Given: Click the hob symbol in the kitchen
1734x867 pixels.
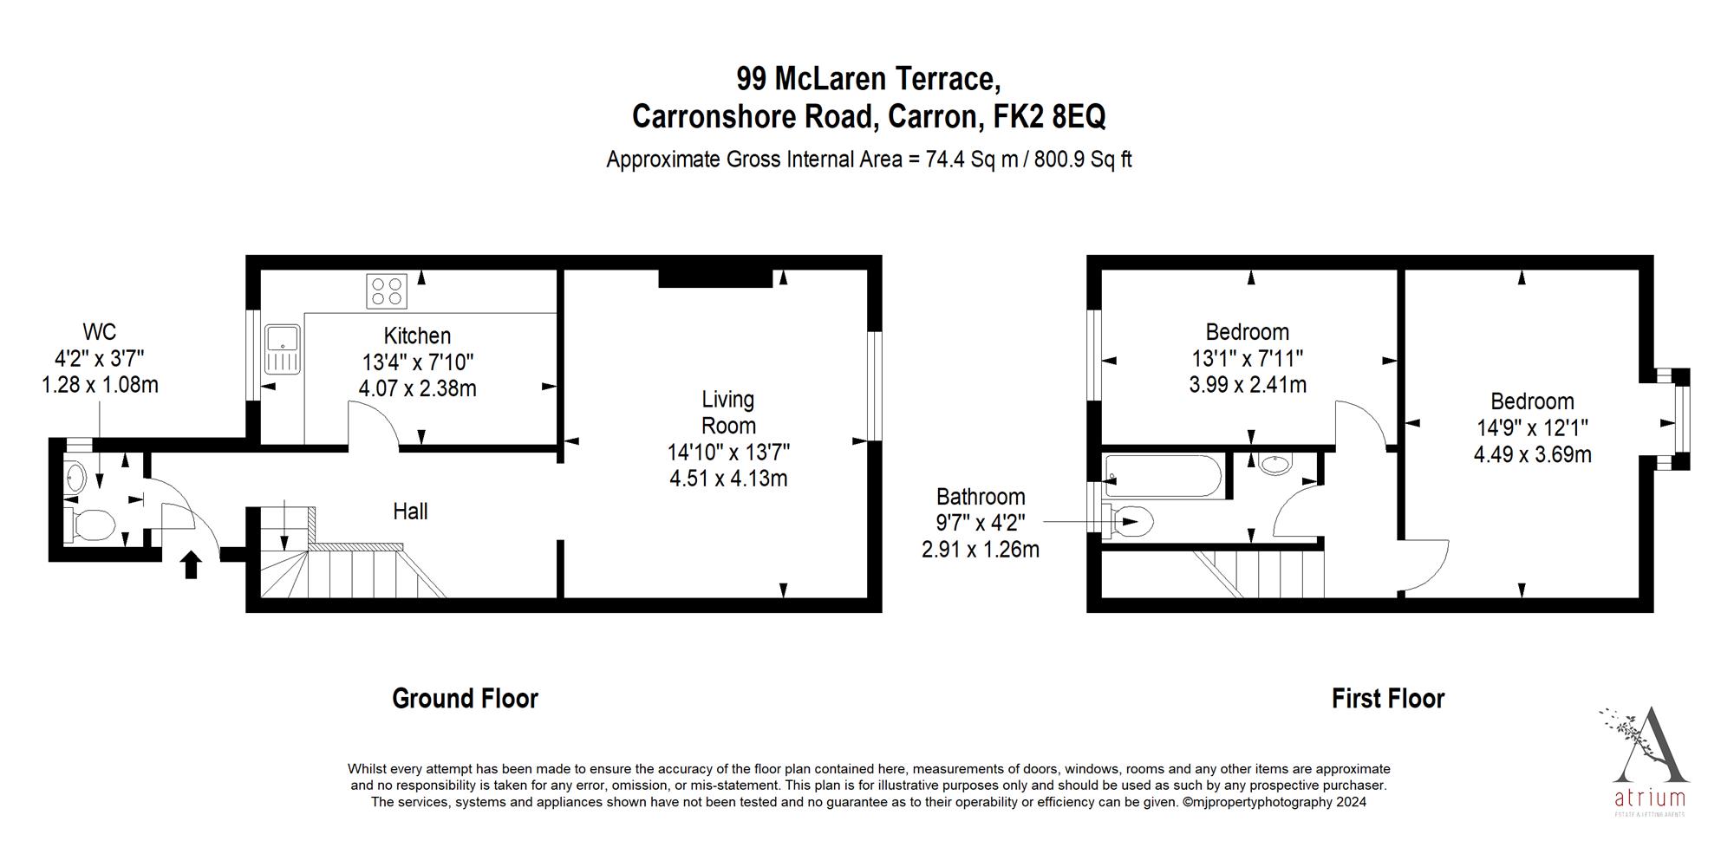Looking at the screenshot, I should (x=387, y=291).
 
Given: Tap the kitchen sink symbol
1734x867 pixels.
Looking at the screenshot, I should (x=282, y=349).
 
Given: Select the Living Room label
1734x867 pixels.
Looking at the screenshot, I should (x=728, y=413).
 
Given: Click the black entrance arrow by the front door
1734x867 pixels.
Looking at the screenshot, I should (x=192, y=564).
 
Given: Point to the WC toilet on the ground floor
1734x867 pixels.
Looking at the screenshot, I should (x=92, y=524).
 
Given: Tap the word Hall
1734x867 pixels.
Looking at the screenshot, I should (x=410, y=512).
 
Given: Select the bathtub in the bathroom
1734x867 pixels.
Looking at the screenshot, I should (x=1164, y=477).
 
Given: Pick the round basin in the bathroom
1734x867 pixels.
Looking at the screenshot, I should (x=1275, y=465).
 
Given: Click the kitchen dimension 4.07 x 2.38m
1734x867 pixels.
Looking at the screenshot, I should (x=417, y=388).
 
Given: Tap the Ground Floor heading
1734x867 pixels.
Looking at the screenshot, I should (x=465, y=699).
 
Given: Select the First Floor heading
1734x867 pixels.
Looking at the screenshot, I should (x=1387, y=699).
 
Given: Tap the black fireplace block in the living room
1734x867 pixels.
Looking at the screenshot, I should (x=714, y=277).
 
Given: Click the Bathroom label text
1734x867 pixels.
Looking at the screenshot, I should (x=980, y=497).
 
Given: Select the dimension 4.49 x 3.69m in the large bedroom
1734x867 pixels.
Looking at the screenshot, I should (x=1532, y=454).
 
